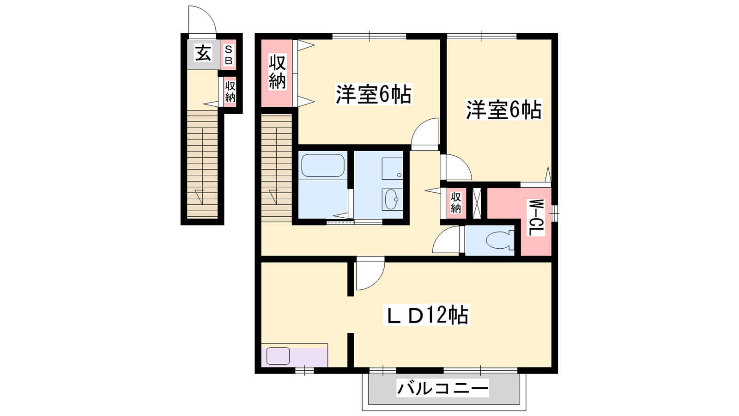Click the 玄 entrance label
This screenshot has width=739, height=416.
coord(203,54)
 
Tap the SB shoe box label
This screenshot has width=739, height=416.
coord(229,55)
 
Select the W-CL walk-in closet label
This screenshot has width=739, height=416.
coord(536,218)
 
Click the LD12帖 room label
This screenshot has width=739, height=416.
coord(426,315)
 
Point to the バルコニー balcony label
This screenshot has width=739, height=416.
coord(442,388)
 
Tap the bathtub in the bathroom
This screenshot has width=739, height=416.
coord(323,165)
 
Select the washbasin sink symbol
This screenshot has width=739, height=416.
coord(392,199)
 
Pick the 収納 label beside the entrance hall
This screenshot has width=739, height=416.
coord(230,92)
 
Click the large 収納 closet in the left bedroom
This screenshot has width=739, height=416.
coord(277,73)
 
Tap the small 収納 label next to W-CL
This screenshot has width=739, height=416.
coord(455,203)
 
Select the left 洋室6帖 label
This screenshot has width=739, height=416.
coord(374,94)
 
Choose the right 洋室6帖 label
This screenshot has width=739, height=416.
coord(504,110)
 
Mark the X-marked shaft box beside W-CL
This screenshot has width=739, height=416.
coord(477,203)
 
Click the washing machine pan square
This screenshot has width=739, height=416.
coord(393,168)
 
